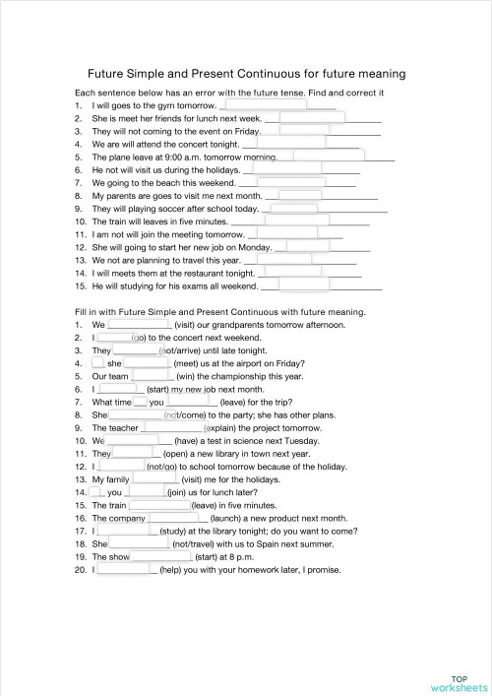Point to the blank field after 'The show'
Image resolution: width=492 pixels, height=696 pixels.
[162, 556]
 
